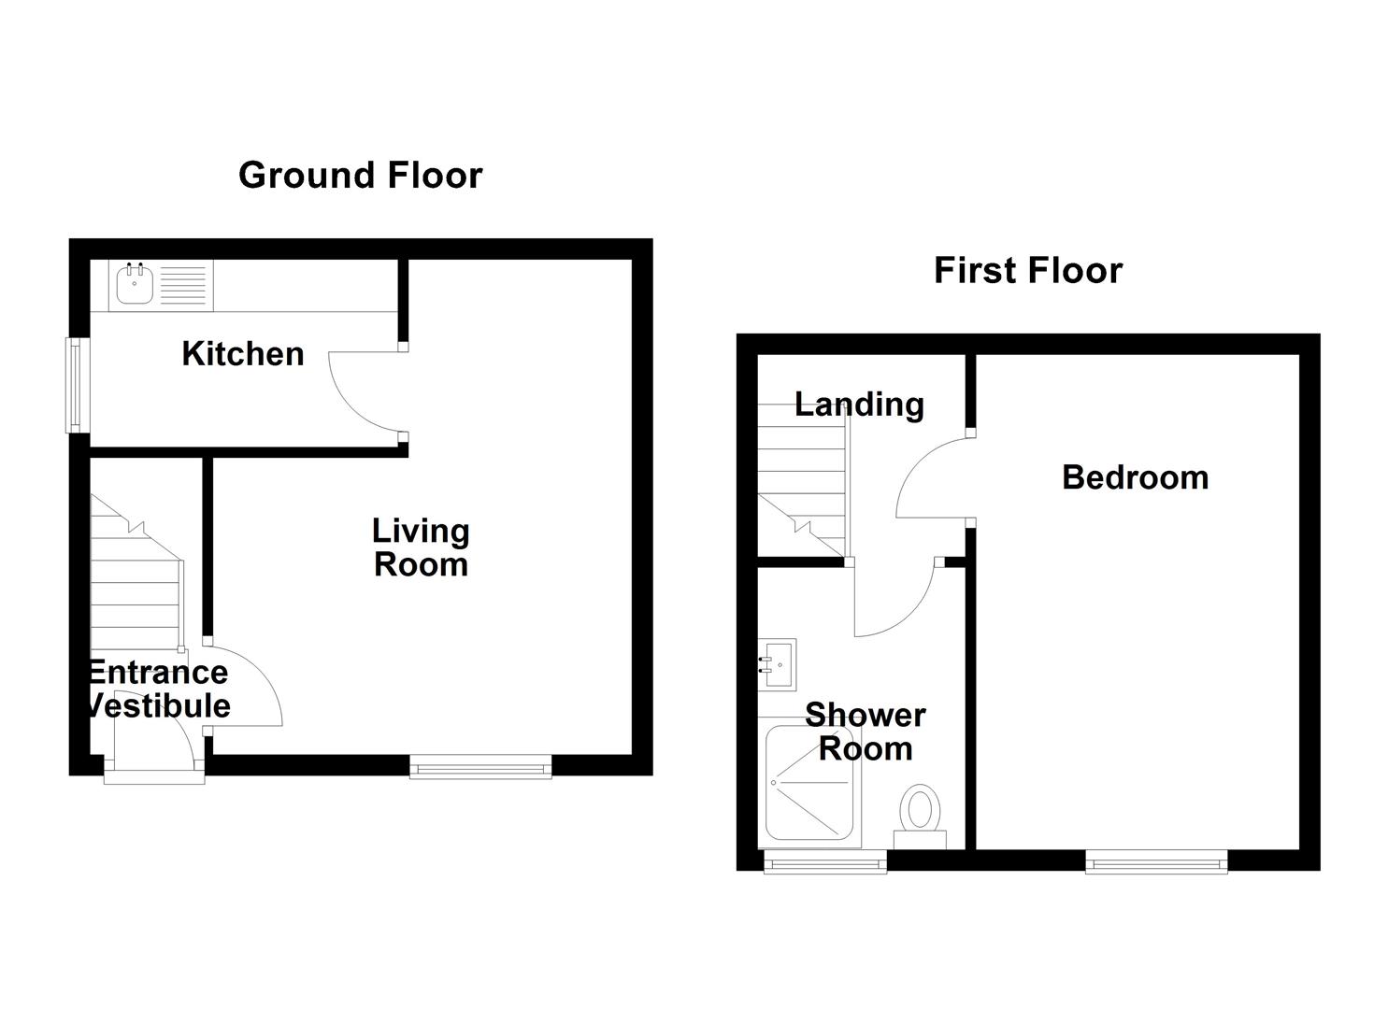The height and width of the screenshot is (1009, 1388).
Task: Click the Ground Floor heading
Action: (360, 176)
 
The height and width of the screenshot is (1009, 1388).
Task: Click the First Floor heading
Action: (1027, 271)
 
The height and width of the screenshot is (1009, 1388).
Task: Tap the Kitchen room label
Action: (243, 354)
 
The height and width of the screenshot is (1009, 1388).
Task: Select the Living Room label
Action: (421, 547)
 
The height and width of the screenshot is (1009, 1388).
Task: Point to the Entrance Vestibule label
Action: (157, 689)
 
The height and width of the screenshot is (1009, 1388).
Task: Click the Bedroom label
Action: (1135, 477)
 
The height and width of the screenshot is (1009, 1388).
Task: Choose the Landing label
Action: (858, 405)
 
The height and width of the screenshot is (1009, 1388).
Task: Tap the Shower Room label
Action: (865, 732)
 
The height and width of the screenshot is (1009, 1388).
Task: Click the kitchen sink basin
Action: (136, 284)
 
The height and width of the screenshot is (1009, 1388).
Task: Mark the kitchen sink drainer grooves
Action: (182, 284)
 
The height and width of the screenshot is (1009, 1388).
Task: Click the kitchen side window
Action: (73, 385)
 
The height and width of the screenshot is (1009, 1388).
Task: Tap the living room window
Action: (480, 768)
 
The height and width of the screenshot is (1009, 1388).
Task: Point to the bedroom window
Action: (1156, 862)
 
